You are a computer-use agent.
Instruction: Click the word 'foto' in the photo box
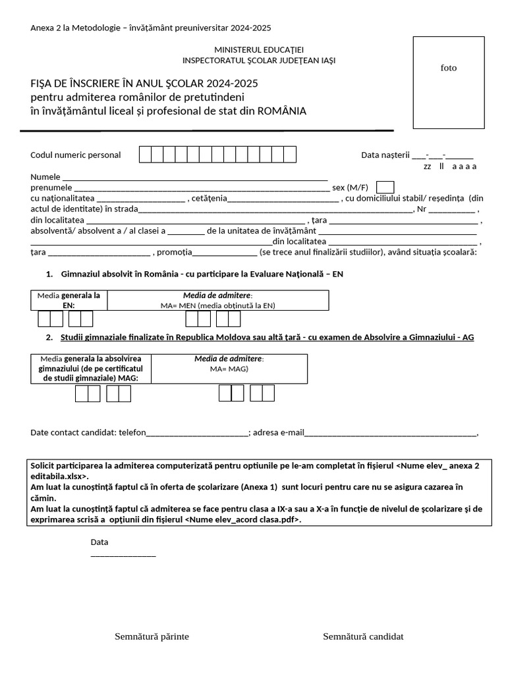448,68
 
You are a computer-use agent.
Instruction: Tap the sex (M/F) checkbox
385,187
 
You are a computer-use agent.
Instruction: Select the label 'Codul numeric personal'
76,155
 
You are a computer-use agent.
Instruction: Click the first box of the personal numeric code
146,155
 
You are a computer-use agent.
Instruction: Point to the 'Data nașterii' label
385,155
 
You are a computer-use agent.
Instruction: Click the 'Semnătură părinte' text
152,636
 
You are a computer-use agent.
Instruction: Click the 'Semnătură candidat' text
363,636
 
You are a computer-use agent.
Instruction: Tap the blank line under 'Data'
123,556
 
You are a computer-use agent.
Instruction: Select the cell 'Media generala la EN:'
69,300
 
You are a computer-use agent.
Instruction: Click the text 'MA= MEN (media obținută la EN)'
217,305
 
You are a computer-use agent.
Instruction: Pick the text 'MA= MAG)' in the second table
229,369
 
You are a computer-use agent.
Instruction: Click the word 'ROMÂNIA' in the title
281,111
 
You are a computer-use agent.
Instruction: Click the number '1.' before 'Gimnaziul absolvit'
49,273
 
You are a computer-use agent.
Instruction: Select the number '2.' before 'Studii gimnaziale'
49,337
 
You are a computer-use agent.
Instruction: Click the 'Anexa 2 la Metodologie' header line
151,28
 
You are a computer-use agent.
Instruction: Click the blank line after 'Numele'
194,178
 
